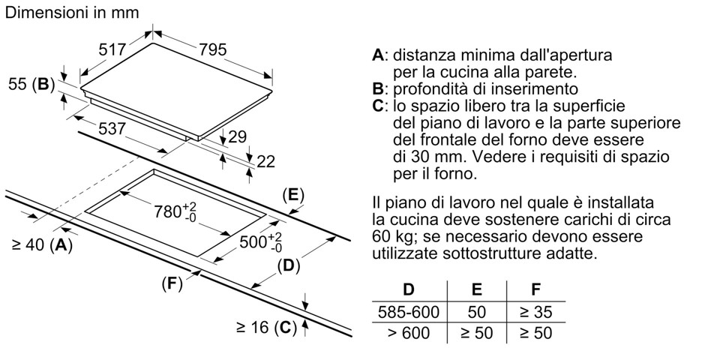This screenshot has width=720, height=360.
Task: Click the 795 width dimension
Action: point(212,49)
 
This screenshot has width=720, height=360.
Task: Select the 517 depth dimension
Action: point(112,49)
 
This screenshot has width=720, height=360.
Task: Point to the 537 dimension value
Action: point(112,129)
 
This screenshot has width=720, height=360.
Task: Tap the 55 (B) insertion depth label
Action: point(31,85)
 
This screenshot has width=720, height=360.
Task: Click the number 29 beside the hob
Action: point(237,137)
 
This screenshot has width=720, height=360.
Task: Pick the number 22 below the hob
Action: point(266,161)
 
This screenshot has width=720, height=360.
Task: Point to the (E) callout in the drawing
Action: point(293,196)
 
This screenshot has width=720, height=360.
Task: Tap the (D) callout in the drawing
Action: point(288,265)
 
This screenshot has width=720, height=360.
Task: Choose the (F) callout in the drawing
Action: point(172,284)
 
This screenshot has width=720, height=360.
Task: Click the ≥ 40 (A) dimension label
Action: point(42,244)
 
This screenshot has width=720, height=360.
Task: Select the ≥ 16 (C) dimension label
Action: point(266,328)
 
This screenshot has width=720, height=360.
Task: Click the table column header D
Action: point(409,289)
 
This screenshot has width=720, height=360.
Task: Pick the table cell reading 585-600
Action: point(409,311)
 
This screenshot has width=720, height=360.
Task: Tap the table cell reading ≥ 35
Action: point(536,311)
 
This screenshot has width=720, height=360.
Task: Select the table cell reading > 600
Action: point(409,332)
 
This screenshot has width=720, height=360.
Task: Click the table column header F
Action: point(535,289)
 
